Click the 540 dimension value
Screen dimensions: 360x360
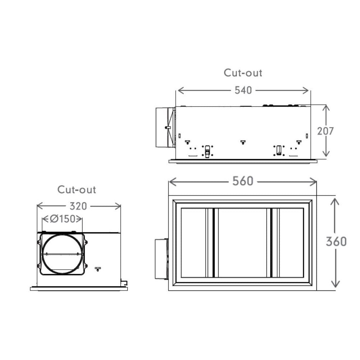click(x=243, y=90)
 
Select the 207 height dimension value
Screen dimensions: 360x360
click(x=325, y=131)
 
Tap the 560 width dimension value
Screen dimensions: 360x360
click(x=243, y=181)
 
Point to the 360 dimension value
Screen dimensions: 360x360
click(x=336, y=242)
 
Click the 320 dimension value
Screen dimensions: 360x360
click(x=78, y=206)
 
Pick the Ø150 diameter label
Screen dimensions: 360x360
click(x=62, y=219)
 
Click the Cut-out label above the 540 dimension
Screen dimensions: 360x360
click(x=243, y=73)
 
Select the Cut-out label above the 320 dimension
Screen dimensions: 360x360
click(x=77, y=189)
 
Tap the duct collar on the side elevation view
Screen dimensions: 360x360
click(x=164, y=127)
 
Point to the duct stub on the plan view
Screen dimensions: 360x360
click(x=161, y=258)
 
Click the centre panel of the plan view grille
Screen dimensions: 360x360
click(x=242, y=243)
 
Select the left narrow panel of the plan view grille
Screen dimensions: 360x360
click(x=193, y=243)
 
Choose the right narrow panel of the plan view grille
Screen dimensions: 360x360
click(x=291, y=243)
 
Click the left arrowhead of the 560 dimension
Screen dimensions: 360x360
click(x=171, y=182)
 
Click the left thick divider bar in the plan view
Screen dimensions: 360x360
click(x=213, y=243)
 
